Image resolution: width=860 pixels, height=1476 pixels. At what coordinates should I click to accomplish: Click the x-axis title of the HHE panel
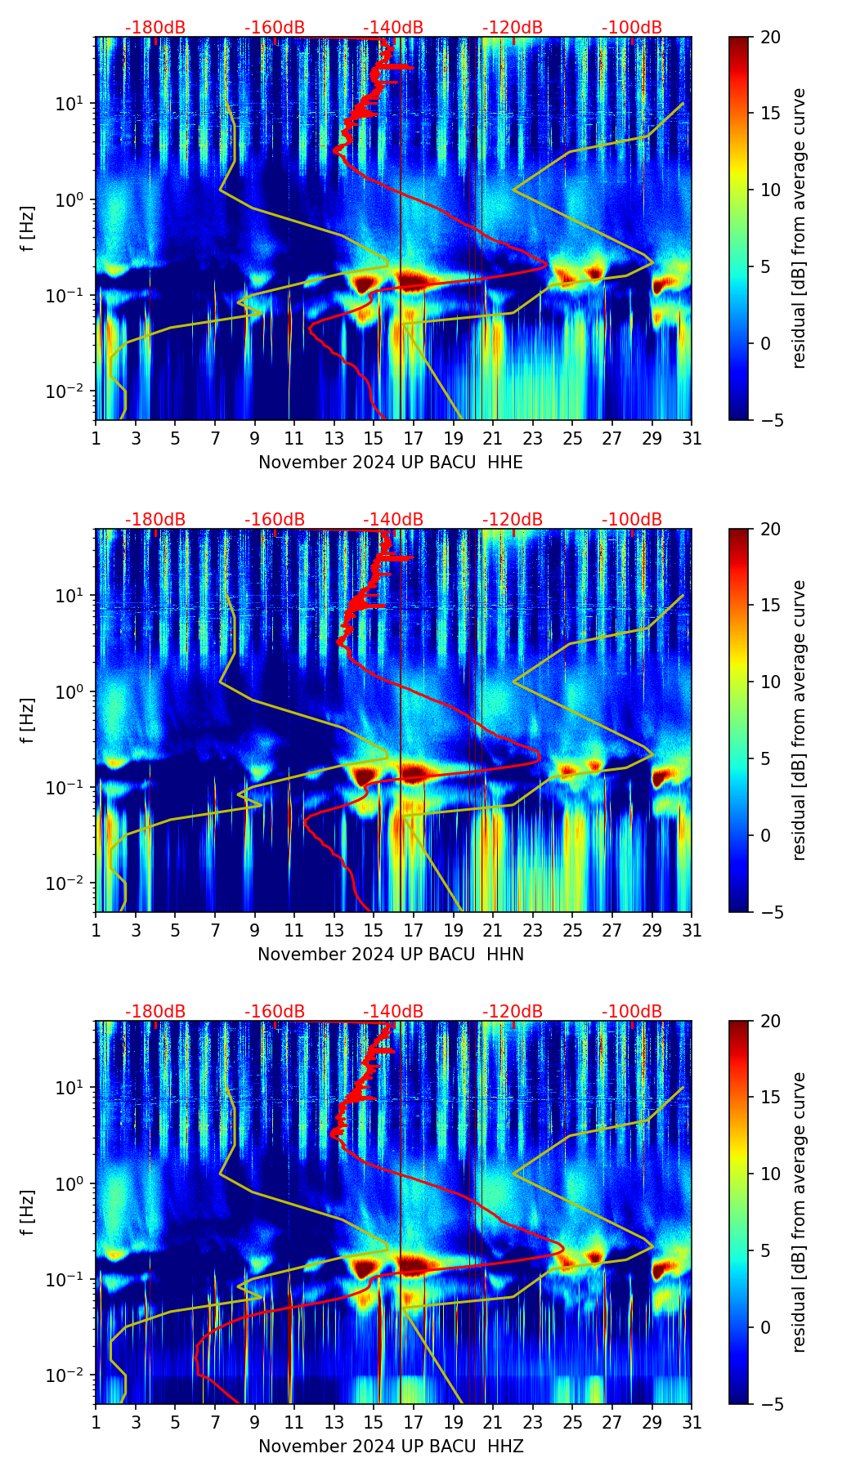391,463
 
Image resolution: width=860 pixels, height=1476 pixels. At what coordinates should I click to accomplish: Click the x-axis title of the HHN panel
391,955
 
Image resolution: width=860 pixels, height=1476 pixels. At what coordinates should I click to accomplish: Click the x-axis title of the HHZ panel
391,1447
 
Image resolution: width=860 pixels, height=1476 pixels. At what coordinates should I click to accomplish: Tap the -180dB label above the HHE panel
155,28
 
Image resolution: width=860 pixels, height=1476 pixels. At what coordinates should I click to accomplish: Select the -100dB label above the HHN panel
632,520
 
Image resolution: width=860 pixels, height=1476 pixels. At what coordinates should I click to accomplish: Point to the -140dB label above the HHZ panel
393,1012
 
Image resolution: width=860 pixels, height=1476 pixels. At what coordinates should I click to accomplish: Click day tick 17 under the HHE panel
414,438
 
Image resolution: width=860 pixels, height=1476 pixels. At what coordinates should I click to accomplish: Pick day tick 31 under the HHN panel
692,930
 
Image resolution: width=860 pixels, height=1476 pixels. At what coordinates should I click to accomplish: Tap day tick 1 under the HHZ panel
96,1422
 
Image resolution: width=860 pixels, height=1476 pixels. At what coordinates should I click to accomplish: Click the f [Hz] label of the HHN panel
28,720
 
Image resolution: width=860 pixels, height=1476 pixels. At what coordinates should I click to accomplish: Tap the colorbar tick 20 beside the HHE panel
770,37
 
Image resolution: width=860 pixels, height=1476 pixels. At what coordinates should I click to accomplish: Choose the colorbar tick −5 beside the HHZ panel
770,1404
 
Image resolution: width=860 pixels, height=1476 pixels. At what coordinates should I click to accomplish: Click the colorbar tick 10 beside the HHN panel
770,682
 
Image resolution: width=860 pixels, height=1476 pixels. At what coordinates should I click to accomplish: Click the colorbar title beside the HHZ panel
799,1212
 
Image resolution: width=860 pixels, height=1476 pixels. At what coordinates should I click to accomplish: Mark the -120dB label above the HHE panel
513,28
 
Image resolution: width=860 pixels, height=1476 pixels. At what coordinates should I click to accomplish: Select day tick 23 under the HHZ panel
533,1422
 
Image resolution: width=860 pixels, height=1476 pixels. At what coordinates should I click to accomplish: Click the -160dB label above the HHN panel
275,520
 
